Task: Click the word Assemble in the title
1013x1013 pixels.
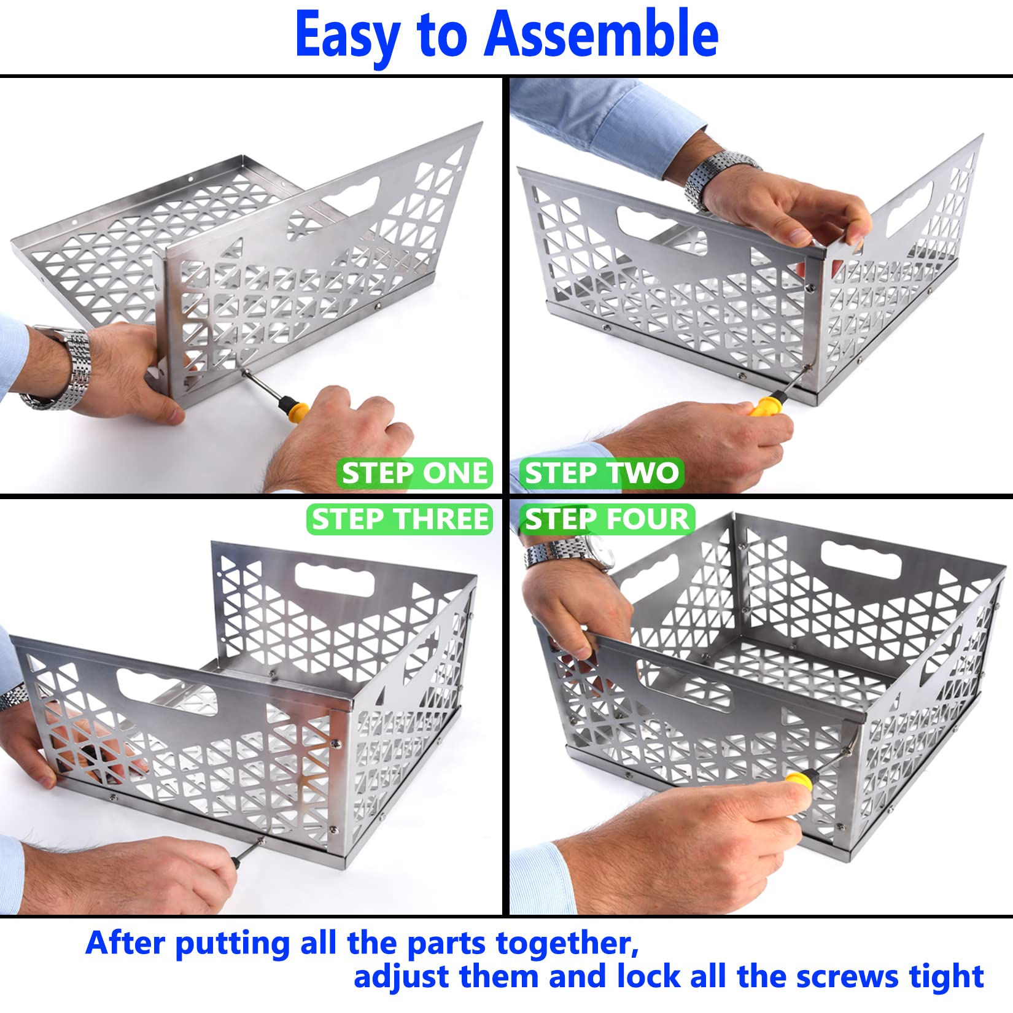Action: [601, 35]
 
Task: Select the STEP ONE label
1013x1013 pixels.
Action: [414, 473]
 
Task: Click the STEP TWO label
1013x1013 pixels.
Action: [602, 473]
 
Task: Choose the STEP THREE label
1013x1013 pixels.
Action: [400, 519]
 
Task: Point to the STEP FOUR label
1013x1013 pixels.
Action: [607, 519]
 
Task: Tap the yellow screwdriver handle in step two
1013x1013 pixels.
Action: [765, 406]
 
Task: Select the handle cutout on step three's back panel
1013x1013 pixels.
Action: [335, 579]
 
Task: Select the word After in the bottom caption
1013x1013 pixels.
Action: [126, 942]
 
